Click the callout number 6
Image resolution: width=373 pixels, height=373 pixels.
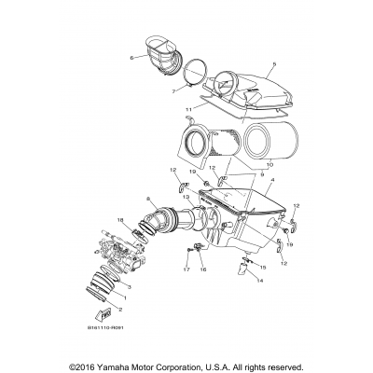132,57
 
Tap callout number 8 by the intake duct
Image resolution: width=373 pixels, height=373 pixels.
148,199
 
